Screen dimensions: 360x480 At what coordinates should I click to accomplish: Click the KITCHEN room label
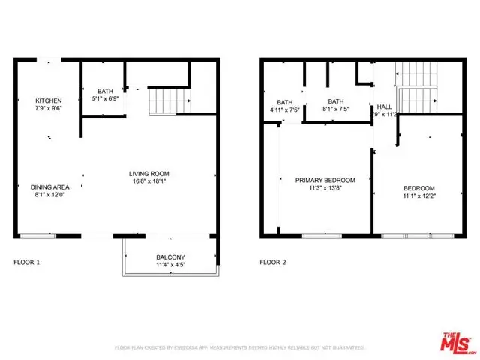pyautogui.click(x=48, y=101)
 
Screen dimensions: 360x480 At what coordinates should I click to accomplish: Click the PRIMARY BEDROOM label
pyautogui.click(x=325, y=180)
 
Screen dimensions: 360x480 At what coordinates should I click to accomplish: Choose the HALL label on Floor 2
pyautogui.click(x=384, y=107)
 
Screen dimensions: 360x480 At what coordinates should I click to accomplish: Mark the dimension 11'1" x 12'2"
pyautogui.click(x=418, y=196)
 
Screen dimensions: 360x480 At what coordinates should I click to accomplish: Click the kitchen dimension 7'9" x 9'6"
pyautogui.click(x=48, y=109)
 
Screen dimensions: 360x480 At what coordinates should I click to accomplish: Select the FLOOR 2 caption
pyautogui.click(x=274, y=262)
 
